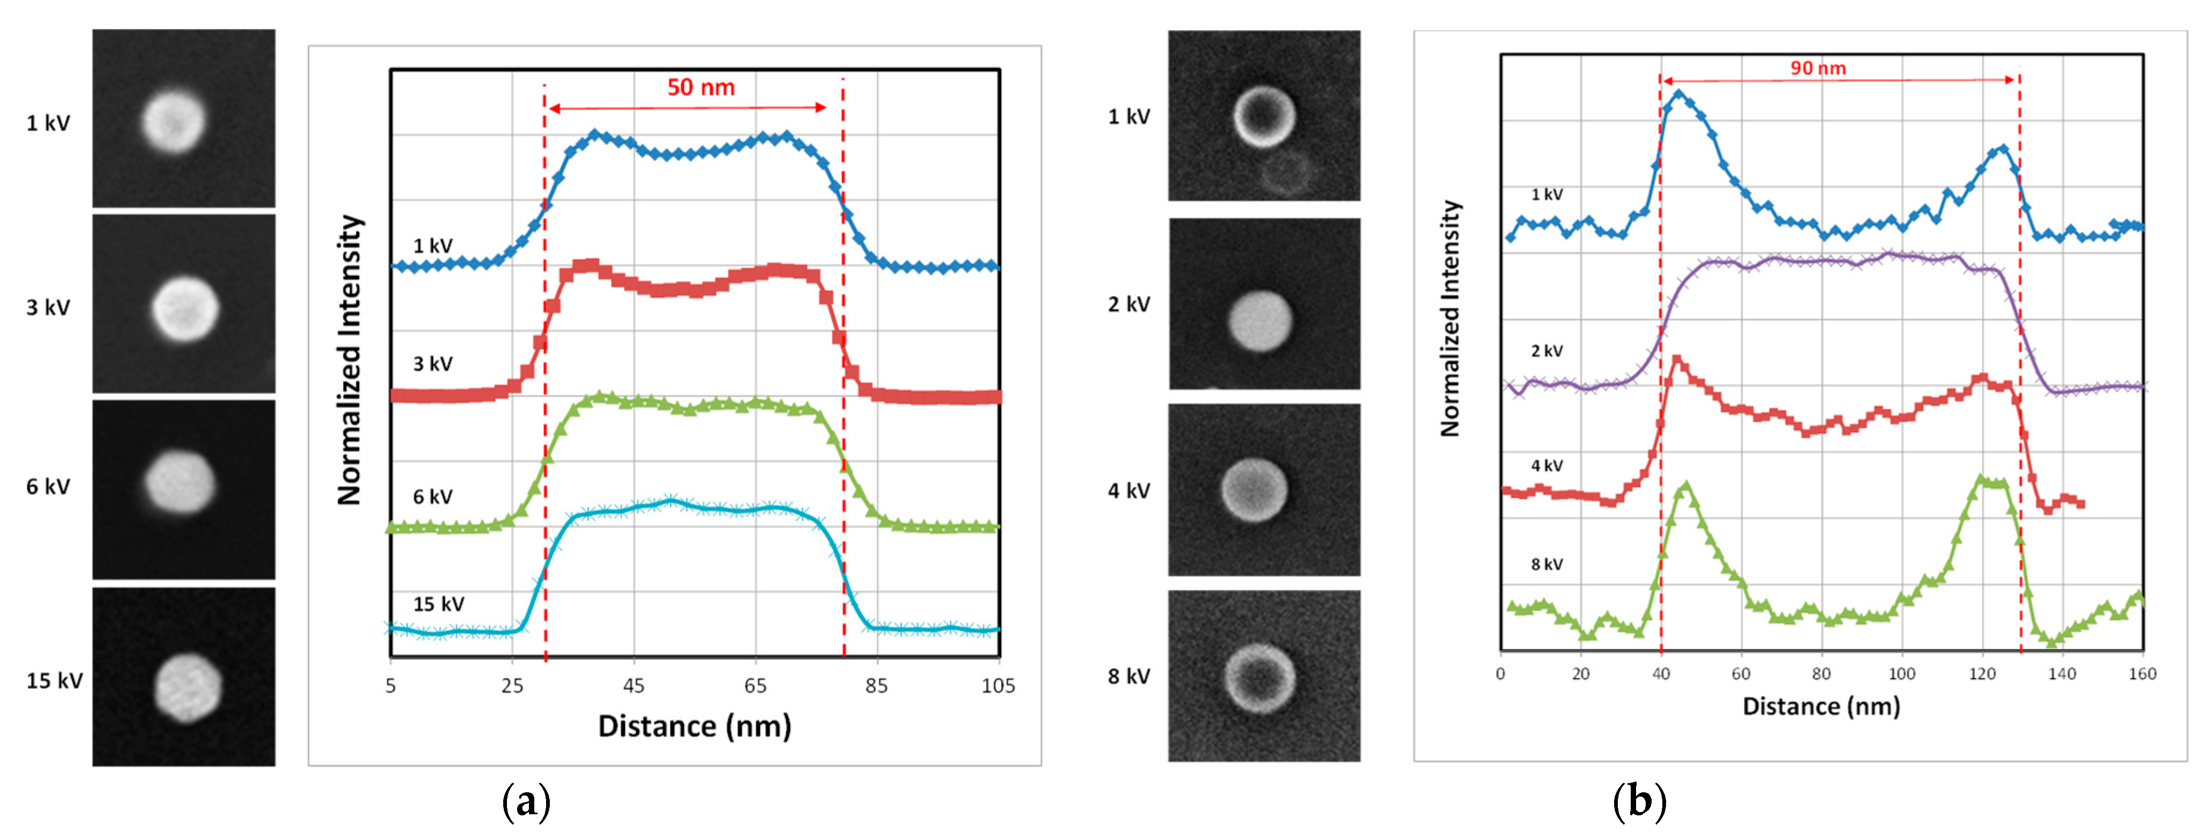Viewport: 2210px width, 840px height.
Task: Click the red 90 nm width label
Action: [1817, 68]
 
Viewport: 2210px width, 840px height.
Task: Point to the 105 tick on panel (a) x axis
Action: [998, 686]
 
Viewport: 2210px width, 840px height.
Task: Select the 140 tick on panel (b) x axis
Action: [2062, 673]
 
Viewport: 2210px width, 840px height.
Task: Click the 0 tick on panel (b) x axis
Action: [1500, 673]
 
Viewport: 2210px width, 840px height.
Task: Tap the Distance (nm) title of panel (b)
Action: [1820, 706]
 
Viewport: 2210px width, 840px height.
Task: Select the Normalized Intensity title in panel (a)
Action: [349, 360]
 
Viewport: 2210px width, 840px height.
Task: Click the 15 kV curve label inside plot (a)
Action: [438, 604]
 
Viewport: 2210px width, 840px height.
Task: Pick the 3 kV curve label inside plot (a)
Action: [432, 364]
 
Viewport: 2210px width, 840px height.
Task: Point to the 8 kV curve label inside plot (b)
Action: [1546, 564]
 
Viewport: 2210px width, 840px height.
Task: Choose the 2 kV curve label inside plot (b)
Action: [1546, 351]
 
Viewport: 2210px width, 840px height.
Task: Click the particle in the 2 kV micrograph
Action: [1259, 321]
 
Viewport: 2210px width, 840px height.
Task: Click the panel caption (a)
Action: [525, 802]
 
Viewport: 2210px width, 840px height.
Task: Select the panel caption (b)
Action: [1639, 802]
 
